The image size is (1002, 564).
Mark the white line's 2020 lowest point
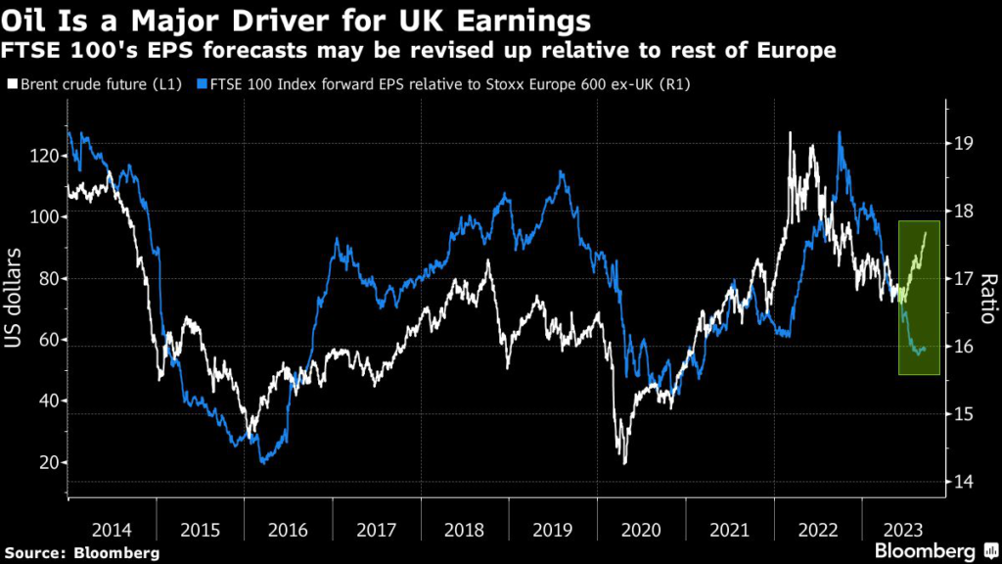point(624,462)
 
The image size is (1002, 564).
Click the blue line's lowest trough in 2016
point(262,463)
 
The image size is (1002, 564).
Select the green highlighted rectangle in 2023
point(919,298)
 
